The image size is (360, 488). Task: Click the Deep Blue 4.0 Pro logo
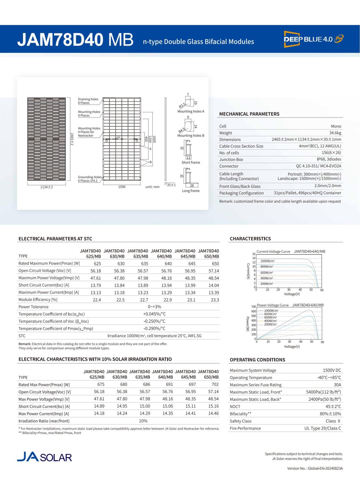tap(313, 39)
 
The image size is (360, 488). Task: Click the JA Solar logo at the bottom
tap(44, 457)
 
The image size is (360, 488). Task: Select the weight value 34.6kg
tap(335, 133)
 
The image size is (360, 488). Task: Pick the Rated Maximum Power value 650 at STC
tap(215, 263)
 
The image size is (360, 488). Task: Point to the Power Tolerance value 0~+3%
tap(154, 307)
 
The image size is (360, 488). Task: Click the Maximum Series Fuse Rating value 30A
tap(337, 385)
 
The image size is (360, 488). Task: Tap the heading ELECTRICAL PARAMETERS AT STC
tap(55, 239)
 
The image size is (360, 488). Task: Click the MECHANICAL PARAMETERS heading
tap(249, 114)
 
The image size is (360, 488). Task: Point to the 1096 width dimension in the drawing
tap(122, 187)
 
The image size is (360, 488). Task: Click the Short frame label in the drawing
tap(190, 162)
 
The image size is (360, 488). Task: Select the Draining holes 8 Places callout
tap(88, 101)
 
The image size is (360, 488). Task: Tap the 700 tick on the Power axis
tap(253, 307)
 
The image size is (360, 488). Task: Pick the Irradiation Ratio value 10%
tap(143, 421)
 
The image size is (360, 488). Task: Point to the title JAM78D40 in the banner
tap(60, 40)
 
